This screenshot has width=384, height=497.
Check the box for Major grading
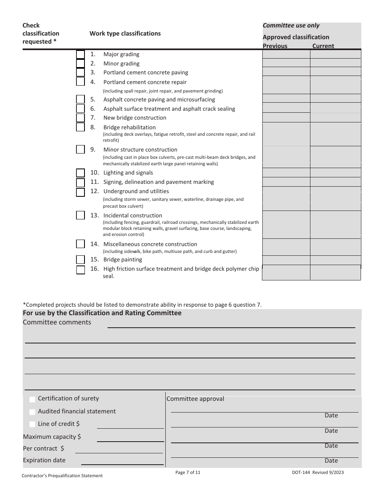coord(80,55)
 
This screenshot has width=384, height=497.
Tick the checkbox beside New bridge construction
coord(80,118)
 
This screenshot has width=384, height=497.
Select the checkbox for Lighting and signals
coord(80,173)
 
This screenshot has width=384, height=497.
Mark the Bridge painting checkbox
coord(80,260)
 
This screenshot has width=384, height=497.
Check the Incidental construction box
coord(80,215)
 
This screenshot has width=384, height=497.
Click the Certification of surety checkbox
coord(32,400)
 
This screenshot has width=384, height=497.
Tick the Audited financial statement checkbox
coord(32,412)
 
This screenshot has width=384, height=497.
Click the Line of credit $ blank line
coord(130,424)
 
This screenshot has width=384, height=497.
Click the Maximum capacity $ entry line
coord(130,438)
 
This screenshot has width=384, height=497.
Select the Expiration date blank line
coord(122,461)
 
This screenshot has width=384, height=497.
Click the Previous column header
coord(275,46)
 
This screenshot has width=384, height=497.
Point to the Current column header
coord(323,46)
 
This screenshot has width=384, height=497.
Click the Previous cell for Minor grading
coord(286,63)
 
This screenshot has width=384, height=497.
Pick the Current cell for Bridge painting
coord(335,260)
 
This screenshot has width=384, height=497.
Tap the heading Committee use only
coord(291,25)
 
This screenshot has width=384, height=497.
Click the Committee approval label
coord(195,399)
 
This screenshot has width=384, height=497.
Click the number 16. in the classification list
coord(95,269)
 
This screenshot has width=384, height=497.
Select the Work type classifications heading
coord(125,34)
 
